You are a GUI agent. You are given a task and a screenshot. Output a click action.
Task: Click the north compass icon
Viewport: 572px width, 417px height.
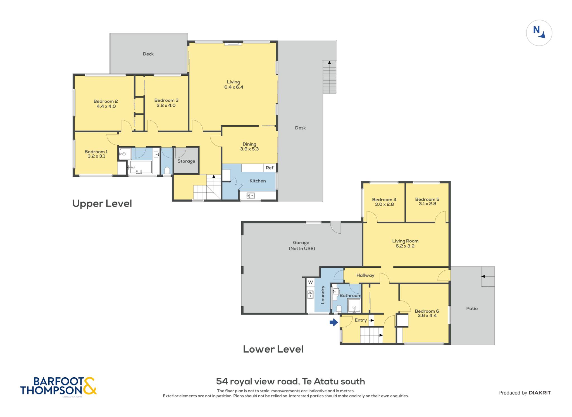(539, 33)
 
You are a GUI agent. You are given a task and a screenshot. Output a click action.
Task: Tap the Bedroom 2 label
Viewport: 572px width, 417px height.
(106, 101)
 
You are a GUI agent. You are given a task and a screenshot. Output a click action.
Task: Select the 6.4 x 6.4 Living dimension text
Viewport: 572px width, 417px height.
(234, 87)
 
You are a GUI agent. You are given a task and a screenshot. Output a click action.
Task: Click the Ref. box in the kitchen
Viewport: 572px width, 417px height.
(270, 168)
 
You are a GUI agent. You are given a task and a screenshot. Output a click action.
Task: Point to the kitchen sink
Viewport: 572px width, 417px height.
(251, 196)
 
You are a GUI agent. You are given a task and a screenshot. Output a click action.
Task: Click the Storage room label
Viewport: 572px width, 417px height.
(186, 161)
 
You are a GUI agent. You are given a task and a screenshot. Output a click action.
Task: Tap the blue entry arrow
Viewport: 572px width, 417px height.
(334, 322)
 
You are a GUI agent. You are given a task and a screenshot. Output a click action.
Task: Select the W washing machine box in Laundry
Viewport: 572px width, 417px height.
(311, 282)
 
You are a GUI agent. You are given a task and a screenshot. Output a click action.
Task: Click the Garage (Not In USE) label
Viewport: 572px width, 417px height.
(302, 246)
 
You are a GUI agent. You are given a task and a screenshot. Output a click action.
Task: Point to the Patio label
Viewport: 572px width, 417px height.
(472, 308)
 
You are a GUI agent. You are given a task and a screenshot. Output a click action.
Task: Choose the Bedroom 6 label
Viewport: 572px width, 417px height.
(427, 311)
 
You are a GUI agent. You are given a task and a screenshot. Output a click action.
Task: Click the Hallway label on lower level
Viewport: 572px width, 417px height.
(365, 275)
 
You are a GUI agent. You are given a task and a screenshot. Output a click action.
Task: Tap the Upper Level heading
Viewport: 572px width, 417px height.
(102, 203)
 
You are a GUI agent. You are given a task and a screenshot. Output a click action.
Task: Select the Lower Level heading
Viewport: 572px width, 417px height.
(273, 349)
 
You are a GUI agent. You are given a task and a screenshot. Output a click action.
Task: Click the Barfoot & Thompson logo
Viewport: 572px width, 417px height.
(58, 386)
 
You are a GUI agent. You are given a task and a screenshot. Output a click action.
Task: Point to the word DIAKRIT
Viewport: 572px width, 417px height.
(540, 393)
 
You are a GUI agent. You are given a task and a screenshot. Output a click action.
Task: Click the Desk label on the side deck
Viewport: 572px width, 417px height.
(300, 128)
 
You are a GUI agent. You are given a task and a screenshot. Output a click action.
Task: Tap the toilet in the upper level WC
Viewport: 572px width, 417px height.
(167, 170)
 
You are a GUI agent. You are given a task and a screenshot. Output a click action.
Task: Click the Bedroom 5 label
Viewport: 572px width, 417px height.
(427, 199)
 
